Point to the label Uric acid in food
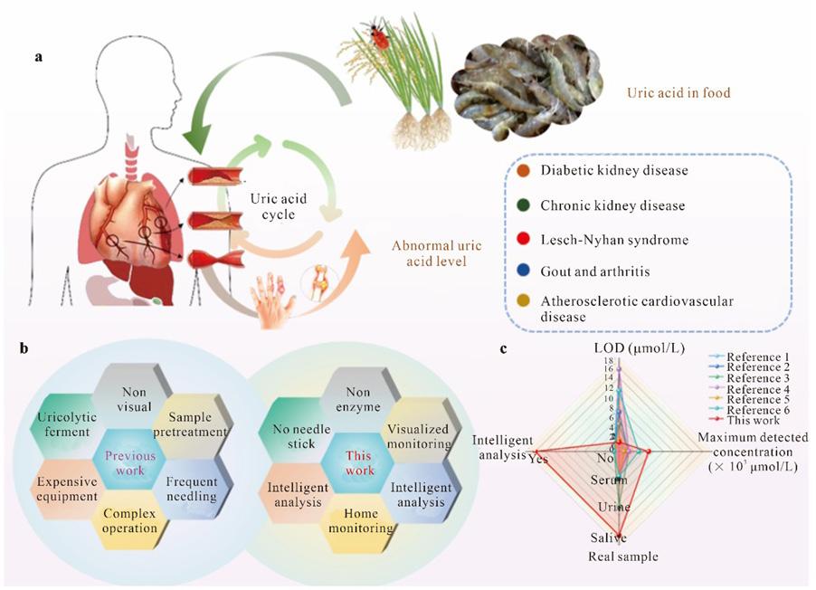[x=678, y=92]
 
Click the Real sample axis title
[x=623, y=556]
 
